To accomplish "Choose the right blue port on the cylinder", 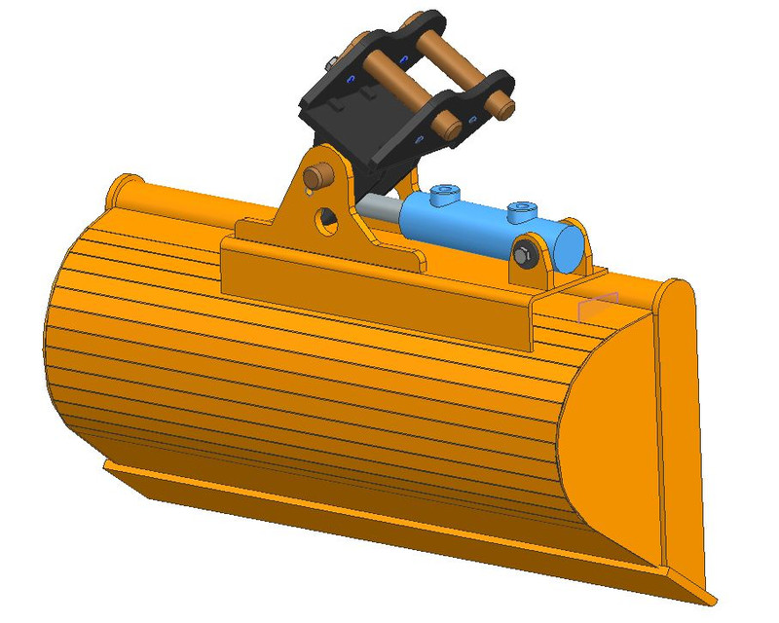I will (x=521, y=209).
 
